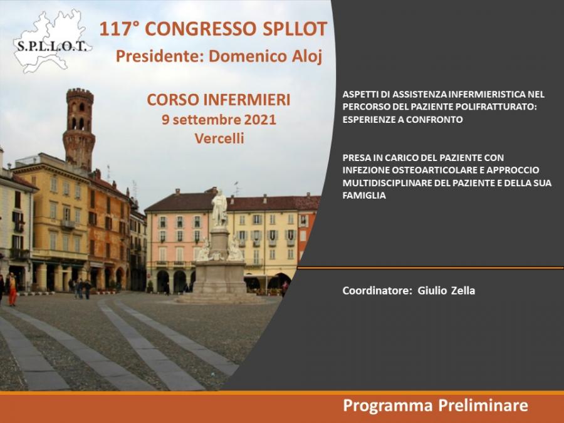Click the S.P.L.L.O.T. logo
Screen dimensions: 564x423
point(52,41)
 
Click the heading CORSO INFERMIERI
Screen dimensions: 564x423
point(219,100)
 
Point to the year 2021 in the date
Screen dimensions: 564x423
point(259,120)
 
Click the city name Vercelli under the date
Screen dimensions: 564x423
point(219,138)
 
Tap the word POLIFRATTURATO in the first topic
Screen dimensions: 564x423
point(496,107)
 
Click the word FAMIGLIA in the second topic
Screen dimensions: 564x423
point(364,196)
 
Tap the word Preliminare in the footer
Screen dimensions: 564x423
point(483,405)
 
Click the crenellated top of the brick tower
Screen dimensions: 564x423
point(80,96)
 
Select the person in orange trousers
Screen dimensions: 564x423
point(13,289)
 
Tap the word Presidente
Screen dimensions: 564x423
point(160,56)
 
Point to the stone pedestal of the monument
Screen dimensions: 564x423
point(220,276)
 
